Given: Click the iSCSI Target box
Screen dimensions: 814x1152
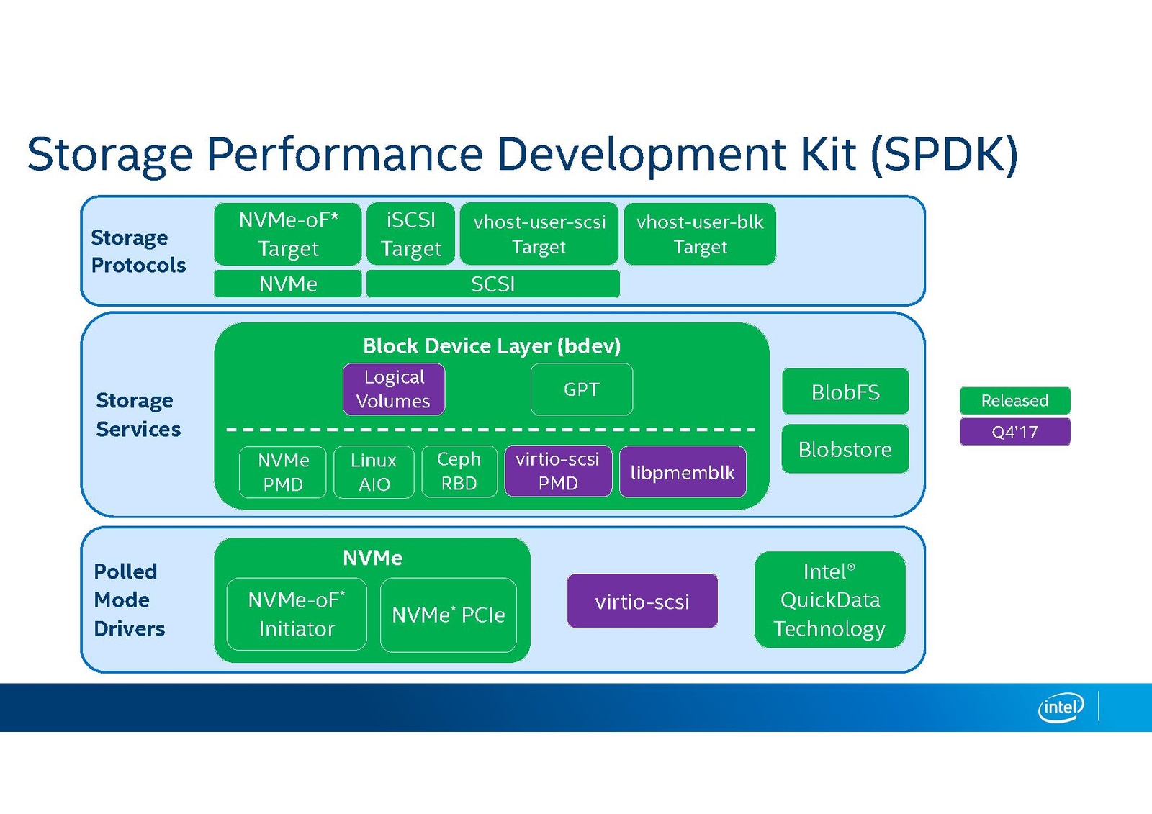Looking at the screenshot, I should click(x=410, y=234).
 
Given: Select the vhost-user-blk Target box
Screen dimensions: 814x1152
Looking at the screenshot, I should click(x=700, y=234).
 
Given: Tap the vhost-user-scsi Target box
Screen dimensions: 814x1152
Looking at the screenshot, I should click(x=539, y=234).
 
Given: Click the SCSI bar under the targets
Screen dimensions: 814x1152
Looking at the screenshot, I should click(x=493, y=284).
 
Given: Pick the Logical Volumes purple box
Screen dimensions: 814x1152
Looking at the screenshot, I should click(x=394, y=389).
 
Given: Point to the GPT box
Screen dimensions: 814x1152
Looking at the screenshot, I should click(x=582, y=389).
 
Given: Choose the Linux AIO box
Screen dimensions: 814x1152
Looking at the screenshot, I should click(x=374, y=472).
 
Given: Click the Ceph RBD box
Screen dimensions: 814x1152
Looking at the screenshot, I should click(x=459, y=471).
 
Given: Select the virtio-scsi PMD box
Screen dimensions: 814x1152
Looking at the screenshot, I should click(x=558, y=471).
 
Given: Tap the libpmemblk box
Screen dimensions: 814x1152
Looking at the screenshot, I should click(x=683, y=472).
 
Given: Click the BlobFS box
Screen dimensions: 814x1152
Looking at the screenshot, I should click(x=845, y=392).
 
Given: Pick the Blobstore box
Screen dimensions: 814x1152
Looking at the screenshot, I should click(x=845, y=449).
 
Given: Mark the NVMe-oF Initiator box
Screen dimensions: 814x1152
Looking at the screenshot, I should click(x=297, y=614).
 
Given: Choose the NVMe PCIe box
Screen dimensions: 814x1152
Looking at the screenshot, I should click(x=449, y=615).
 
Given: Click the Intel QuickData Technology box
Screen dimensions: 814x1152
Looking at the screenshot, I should click(x=829, y=600).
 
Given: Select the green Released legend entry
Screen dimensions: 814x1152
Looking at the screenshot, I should click(x=1014, y=400).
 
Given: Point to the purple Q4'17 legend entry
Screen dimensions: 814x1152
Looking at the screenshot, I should click(x=1014, y=432).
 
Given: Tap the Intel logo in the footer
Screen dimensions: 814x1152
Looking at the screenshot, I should click(x=1061, y=707).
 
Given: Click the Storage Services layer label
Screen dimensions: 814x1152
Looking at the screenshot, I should click(x=138, y=415).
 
